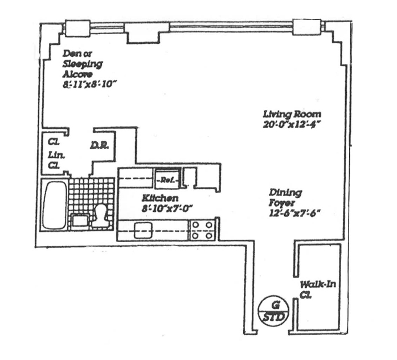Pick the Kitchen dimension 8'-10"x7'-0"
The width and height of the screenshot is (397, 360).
(x=162, y=208)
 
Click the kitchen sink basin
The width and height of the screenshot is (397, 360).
(x=142, y=230)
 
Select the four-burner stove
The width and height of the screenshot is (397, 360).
(x=203, y=230)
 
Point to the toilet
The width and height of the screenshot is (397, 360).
(x=101, y=215)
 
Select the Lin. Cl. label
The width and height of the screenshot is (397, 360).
(x=54, y=159)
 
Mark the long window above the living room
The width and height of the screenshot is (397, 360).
(x=231, y=26)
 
